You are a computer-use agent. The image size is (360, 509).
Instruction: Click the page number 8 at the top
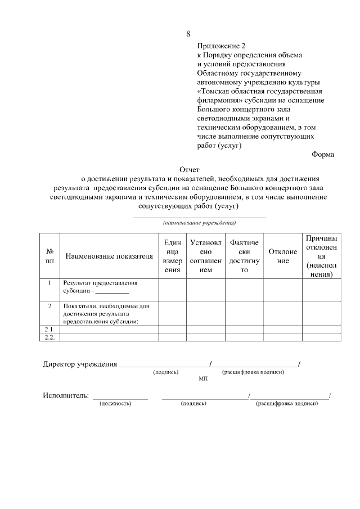[x=188, y=34]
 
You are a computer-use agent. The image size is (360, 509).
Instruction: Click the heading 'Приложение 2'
[x=222, y=46]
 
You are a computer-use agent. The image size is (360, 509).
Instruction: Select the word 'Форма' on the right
[x=322, y=154]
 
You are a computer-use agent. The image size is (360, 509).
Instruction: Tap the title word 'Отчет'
[x=189, y=168]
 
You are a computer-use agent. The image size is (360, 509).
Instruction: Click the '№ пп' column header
[x=49, y=256]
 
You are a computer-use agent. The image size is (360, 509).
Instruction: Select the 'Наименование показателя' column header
[x=109, y=256]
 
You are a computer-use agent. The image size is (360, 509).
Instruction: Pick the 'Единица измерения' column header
[x=172, y=256]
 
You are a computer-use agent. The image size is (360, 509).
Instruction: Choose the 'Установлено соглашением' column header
[x=206, y=256]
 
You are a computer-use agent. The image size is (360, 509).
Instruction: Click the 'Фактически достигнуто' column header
[x=244, y=256]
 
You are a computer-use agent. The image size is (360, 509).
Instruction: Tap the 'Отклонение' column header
[x=283, y=256]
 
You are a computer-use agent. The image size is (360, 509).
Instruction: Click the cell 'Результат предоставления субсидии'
[x=100, y=287]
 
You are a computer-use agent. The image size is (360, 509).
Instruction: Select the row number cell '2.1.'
[x=49, y=329]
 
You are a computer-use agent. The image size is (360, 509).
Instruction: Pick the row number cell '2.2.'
[x=49, y=337]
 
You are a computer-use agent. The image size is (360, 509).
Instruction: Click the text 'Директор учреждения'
[x=80, y=364]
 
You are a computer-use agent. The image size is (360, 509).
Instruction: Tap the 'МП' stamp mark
[x=203, y=380]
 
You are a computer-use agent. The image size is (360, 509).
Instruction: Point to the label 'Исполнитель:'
[x=66, y=395]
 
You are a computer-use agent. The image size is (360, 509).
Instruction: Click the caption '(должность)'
[x=115, y=404]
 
